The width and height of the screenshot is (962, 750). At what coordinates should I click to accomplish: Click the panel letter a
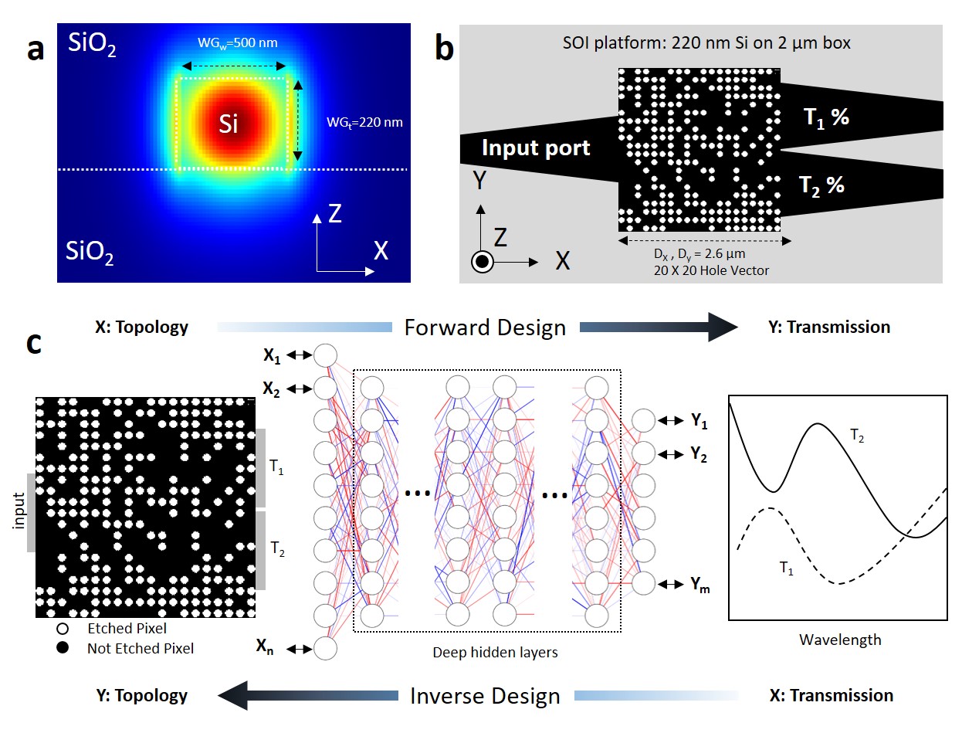(35, 48)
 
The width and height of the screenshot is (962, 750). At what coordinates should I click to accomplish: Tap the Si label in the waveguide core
(228, 124)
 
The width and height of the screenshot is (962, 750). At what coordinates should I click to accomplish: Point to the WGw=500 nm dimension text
(237, 43)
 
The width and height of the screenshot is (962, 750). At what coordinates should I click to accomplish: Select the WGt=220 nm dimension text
(364, 122)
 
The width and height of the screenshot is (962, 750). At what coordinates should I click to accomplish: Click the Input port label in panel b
(536, 148)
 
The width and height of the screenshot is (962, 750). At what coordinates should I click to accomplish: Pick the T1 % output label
(825, 117)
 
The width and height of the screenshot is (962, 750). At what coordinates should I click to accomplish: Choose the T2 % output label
(821, 185)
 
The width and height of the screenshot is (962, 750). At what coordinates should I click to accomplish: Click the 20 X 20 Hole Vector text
(711, 270)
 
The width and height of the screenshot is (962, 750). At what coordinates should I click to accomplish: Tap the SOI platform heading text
(706, 43)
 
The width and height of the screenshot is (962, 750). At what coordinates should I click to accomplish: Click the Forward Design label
(485, 327)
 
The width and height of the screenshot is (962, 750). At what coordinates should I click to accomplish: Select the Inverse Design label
(485, 696)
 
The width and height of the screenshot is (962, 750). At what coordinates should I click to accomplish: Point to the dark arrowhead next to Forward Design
(723, 327)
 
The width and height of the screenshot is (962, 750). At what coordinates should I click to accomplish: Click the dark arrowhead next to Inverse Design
(232, 695)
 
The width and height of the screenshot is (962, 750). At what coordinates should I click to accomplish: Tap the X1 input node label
(272, 355)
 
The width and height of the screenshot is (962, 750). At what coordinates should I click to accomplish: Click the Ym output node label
(699, 585)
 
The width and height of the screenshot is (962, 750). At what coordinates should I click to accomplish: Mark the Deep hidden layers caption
(495, 653)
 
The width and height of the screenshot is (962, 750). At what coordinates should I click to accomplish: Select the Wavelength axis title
(840, 640)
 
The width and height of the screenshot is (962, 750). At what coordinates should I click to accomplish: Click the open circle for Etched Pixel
(63, 629)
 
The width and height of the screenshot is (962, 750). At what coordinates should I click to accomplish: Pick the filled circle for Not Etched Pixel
(63, 648)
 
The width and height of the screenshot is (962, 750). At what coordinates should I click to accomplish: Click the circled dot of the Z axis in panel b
(483, 262)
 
